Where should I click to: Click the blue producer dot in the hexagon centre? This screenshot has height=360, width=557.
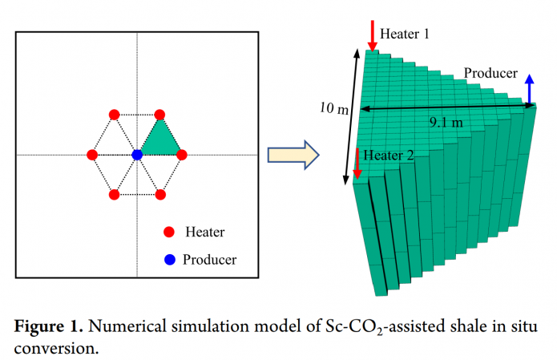[x=137, y=154]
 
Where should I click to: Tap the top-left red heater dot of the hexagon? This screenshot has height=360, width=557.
[x=114, y=115]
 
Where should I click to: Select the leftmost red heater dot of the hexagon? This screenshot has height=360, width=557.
[x=92, y=154]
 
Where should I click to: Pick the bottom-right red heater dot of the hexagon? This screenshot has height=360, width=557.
[x=160, y=194]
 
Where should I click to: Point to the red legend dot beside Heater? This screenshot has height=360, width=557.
[x=169, y=233]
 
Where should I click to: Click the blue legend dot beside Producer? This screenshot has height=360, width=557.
[x=169, y=259]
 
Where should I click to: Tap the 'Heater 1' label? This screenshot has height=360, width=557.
[x=404, y=34]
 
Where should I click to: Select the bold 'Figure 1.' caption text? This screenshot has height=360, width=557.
[x=47, y=326]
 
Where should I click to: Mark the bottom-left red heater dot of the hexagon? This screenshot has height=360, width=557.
[x=114, y=194]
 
